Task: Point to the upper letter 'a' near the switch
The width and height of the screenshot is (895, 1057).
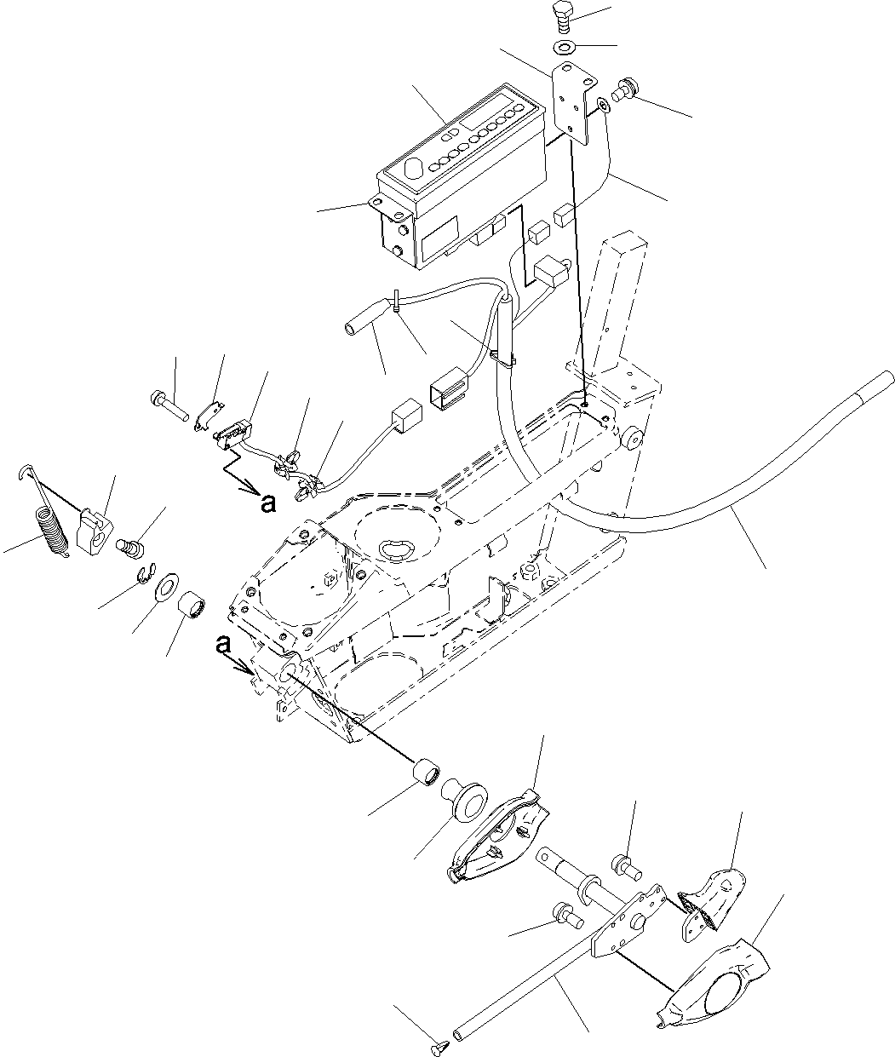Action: (x=268, y=504)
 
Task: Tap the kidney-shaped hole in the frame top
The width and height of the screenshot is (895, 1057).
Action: (x=395, y=550)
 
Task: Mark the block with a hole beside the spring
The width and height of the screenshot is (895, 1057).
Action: (x=94, y=531)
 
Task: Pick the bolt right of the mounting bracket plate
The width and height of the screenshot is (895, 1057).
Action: (x=625, y=90)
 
